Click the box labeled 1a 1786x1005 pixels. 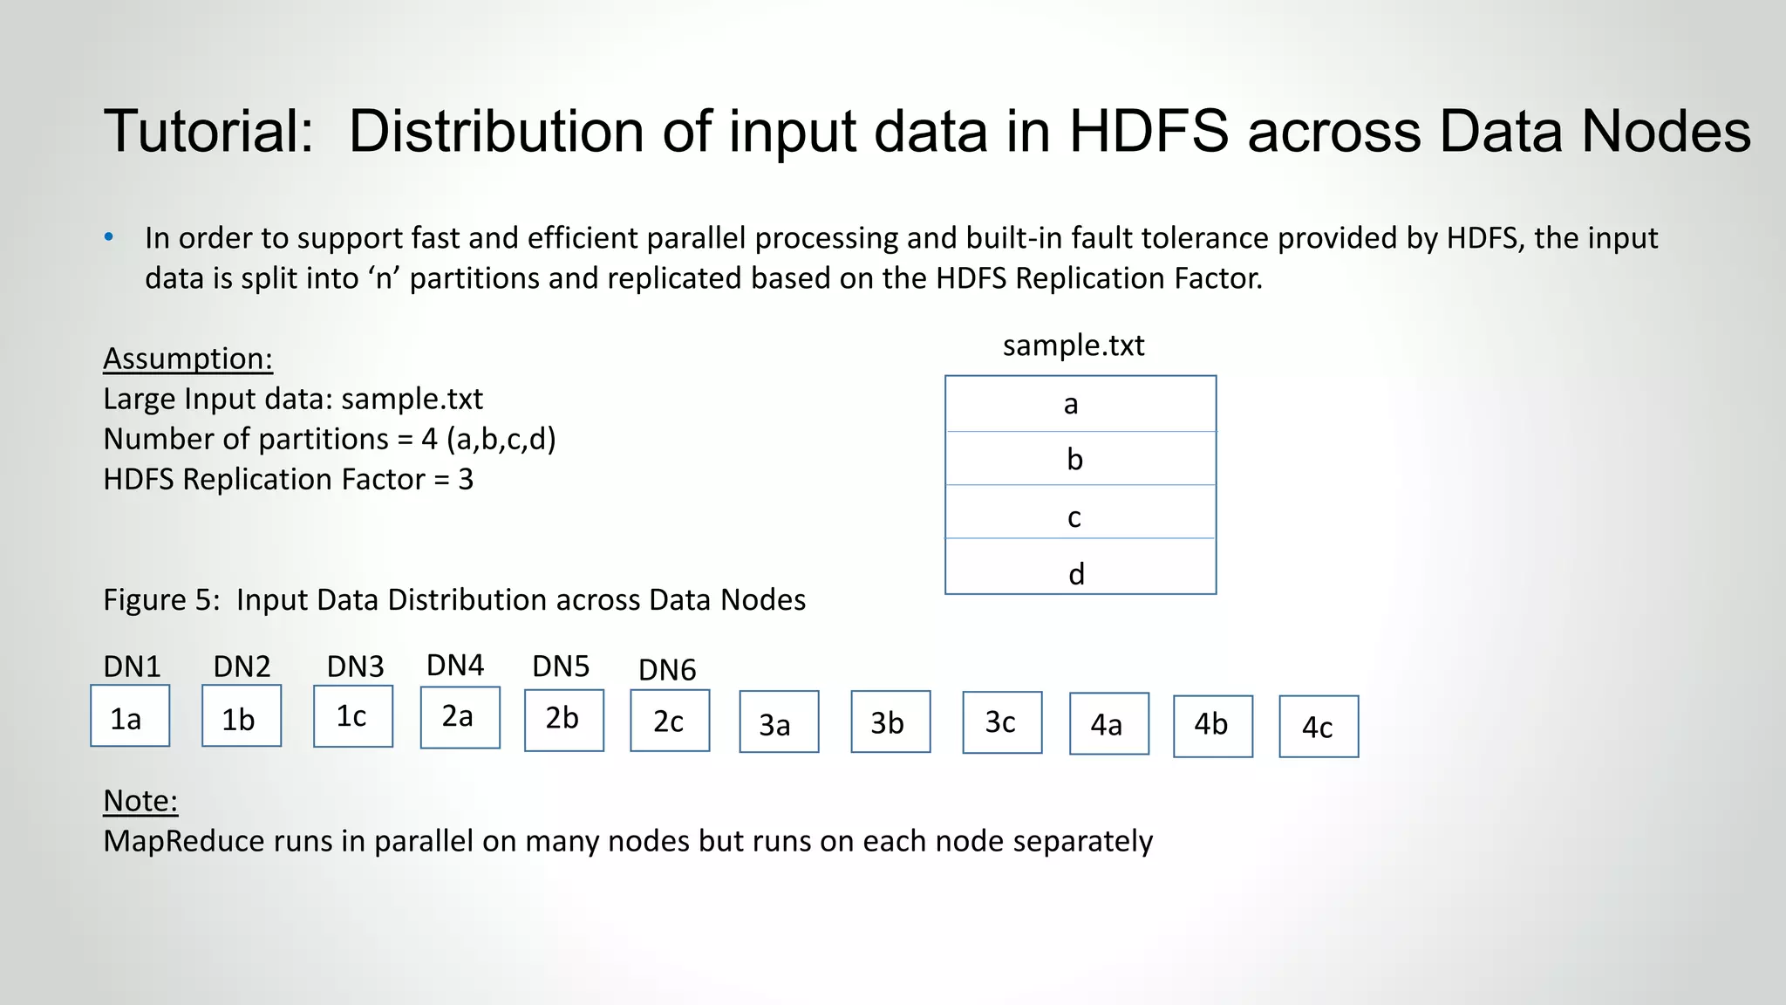[x=130, y=716]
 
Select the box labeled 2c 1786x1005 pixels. [x=670, y=721]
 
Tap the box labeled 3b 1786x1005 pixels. [x=890, y=721]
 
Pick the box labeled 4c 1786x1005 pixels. [x=1319, y=727]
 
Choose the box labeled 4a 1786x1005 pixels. [x=1108, y=724]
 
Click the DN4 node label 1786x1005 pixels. [x=454, y=666]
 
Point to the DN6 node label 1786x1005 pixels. [x=667, y=670]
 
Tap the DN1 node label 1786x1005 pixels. [x=132, y=667]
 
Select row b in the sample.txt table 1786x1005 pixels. [x=1080, y=459]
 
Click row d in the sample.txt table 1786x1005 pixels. [x=1080, y=572]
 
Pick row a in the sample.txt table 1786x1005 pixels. [x=1080, y=404]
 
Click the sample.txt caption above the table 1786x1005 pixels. [x=1073, y=345]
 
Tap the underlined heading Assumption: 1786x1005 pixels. [x=187, y=359]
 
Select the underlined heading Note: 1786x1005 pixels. [x=140, y=801]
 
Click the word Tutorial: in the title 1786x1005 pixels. [x=208, y=132]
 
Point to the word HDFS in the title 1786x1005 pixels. [x=1148, y=132]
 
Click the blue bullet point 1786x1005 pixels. [x=109, y=237]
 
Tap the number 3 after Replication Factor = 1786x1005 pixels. [x=466, y=480]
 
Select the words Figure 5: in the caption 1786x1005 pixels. [x=161, y=600]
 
